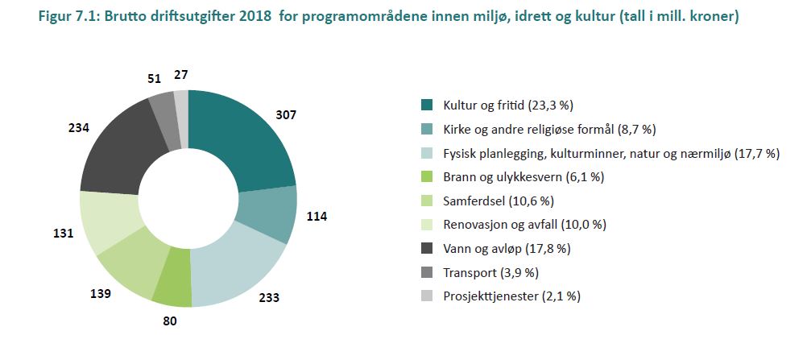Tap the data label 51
click(x=154, y=78)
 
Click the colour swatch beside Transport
click(x=428, y=272)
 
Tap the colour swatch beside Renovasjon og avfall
click(x=428, y=225)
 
